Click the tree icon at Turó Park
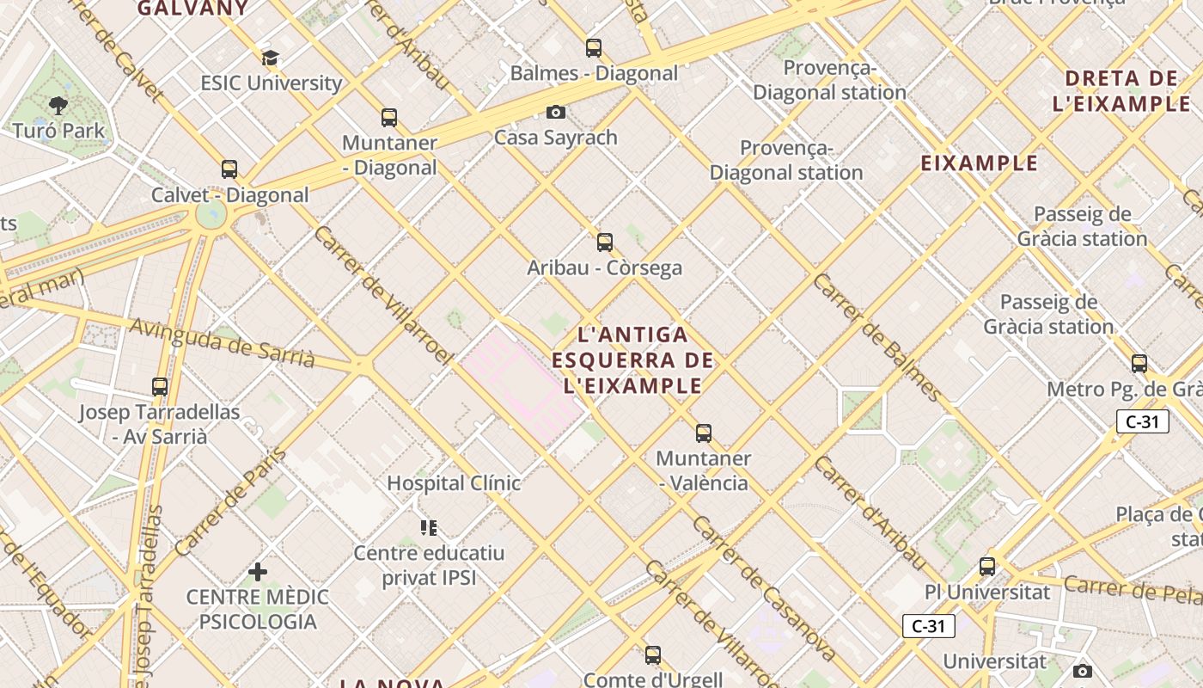58,106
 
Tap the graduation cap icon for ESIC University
271,58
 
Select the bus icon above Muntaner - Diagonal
389,118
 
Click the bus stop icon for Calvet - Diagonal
229,169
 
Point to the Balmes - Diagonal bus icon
594,48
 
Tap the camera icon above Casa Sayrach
556,113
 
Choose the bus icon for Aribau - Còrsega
605,243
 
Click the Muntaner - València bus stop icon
704,433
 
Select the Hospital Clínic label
454,483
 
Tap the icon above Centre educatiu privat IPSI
429,528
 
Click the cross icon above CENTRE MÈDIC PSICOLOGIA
258,572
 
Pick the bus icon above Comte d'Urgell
653,655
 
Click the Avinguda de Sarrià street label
222,342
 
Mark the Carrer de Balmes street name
876,337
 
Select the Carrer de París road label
229,501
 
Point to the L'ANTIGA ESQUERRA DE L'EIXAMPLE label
633,359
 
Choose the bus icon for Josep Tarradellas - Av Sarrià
160,387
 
